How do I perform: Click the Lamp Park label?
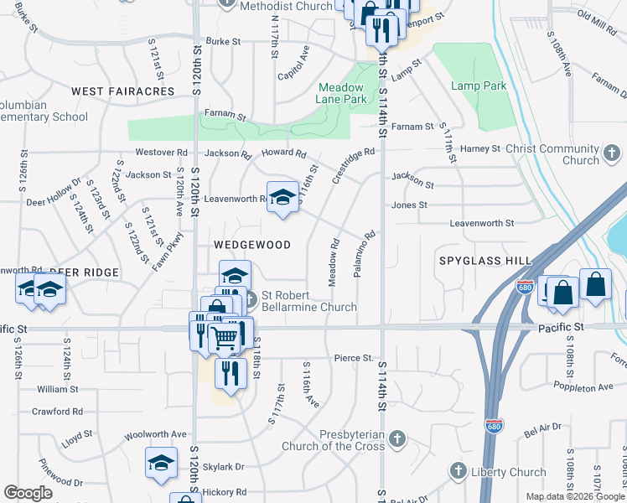coord(479,86)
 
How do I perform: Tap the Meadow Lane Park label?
coord(341,93)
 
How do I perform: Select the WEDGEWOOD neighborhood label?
coord(251,245)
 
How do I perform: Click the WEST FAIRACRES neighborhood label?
coord(122,91)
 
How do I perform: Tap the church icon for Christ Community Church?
coord(613,153)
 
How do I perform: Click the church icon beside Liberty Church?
coord(458,471)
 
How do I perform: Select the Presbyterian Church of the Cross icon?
coord(397,438)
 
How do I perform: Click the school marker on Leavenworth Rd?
coord(282,198)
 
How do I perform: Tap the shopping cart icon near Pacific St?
coord(223,338)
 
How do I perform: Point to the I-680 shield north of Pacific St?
coord(526,287)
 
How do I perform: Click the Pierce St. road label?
coord(353,358)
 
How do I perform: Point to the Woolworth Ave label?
coord(155,434)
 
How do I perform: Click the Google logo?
coord(28,493)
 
